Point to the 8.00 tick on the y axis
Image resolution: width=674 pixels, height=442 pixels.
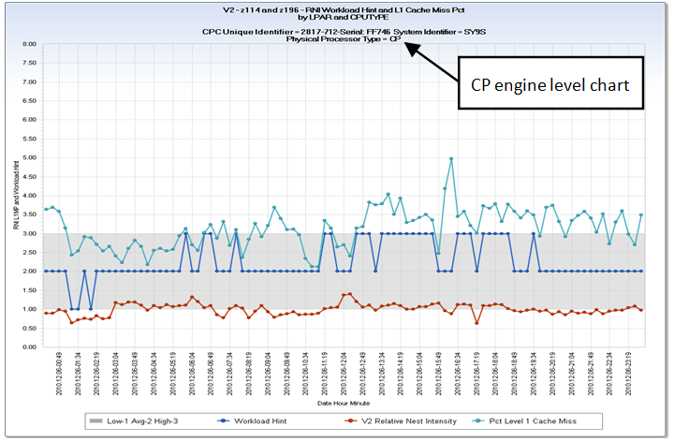click(x=29, y=44)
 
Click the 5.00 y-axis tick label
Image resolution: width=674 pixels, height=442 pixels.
click(x=29, y=157)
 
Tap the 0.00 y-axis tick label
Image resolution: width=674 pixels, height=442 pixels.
click(x=29, y=346)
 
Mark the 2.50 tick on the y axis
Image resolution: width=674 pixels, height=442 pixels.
click(x=29, y=252)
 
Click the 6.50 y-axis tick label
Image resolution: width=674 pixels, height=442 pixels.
click(x=29, y=101)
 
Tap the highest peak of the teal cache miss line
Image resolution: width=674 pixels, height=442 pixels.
click(x=451, y=158)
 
